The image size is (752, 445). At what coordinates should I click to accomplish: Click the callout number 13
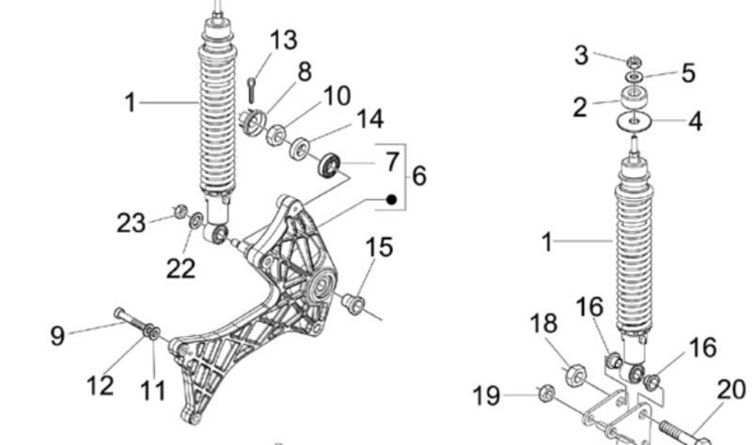coord(283,39)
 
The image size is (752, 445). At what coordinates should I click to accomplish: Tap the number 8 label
coord(305,72)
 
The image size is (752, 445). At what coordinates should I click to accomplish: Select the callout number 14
coord(370,118)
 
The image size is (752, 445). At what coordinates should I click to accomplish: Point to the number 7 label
coord(392,161)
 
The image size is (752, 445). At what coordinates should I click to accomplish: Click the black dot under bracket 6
coord(392,199)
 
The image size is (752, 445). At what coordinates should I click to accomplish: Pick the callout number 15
coord(379,247)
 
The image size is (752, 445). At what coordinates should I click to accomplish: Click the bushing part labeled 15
coord(353,304)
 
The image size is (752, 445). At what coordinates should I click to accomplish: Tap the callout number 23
coord(131,223)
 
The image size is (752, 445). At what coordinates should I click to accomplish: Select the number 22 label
coord(180,269)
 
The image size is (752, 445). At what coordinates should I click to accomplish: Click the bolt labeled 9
coord(133,321)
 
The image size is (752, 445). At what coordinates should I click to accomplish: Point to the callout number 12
coord(101,386)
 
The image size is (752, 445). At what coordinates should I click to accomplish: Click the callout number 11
coord(153,391)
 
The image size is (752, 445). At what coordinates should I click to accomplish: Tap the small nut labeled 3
coord(634,61)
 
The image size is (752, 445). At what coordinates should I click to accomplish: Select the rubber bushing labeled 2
coord(635,98)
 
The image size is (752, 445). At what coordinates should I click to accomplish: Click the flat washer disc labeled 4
coord(634,120)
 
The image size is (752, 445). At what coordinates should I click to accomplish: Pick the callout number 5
coord(688,73)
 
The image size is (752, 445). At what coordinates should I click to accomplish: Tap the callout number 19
coord(486,396)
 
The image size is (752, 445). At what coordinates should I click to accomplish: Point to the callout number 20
coord(731,390)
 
